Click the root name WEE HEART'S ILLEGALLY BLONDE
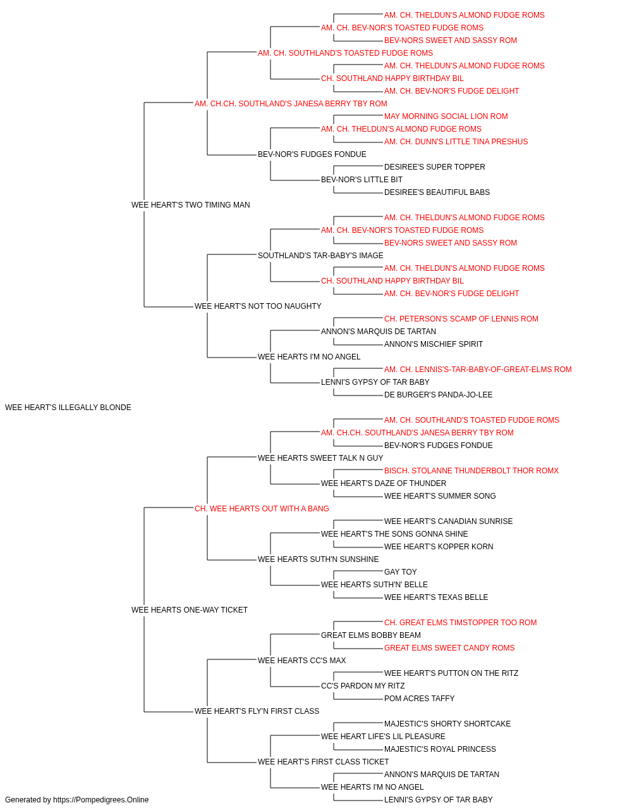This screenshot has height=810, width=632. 68,408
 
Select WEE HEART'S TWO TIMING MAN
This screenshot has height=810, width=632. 191,205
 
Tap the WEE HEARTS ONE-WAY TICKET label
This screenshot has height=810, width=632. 190,610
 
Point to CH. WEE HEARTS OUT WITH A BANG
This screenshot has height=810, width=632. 262,509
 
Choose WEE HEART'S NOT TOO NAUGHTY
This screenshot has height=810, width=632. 258,306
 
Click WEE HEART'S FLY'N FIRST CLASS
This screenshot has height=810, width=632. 257,711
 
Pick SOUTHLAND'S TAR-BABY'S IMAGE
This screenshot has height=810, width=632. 320,256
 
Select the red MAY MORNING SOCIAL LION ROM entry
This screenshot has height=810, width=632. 446,116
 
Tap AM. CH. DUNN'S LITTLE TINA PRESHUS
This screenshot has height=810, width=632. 456,142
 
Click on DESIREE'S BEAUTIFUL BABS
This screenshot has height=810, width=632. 437,192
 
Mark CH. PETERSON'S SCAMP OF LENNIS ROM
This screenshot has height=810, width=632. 461,319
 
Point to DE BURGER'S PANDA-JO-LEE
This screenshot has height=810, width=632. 438,395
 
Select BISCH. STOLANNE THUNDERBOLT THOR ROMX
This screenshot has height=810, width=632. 471,471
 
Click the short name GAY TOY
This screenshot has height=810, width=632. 401,572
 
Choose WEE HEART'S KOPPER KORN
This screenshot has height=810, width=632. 439,547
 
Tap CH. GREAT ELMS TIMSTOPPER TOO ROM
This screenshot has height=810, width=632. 461,623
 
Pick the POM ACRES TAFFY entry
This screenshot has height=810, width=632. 419,699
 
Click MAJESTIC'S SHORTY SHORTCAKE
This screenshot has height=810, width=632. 447,724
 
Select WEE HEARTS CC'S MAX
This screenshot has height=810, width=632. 302,661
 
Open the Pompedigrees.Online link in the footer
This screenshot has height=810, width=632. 100,800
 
